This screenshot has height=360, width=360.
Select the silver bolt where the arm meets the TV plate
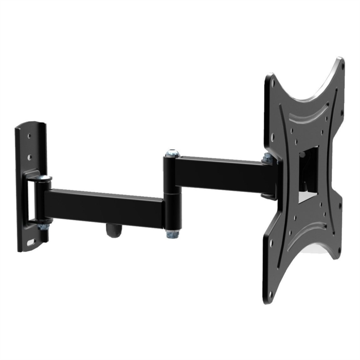coord(267,159)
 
